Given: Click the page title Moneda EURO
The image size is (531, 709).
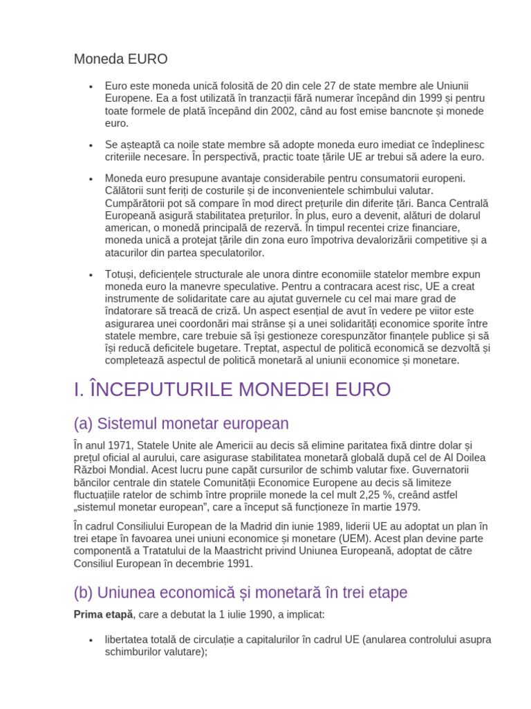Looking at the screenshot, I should pyautogui.click(x=120, y=59).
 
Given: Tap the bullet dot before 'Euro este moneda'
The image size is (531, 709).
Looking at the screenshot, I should pyautogui.click(x=91, y=87).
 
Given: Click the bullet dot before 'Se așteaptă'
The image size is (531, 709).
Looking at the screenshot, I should pyautogui.click(x=91, y=145).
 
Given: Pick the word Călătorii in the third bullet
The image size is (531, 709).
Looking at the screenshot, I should pyautogui.click(x=127, y=190).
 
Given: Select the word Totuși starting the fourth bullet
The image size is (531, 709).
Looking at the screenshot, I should pyautogui.click(x=122, y=274).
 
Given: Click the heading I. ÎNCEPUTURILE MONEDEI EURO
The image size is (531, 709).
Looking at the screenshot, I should pyautogui.click(x=232, y=389).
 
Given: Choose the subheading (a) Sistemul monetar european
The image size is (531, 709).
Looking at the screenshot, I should pyautogui.click(x=181, y=424).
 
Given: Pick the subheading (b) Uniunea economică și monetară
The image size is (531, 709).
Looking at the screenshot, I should pyautogui.click(x=240, y=593).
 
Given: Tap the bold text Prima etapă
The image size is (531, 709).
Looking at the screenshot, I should pyautogui.click(x=102, y=614).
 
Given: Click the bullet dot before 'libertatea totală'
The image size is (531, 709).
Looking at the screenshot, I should pyautogui.click(x=91, y=640).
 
